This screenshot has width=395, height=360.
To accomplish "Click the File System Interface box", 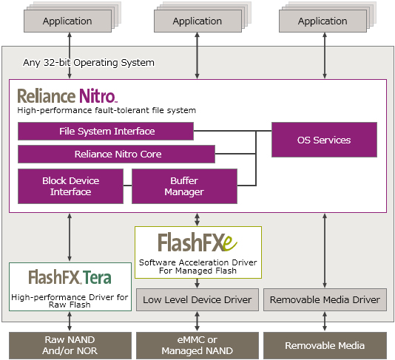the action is click(x=106, y=131).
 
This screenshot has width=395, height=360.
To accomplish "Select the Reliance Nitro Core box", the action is click(x=116, y=154).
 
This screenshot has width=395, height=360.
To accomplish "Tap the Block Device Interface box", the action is click(x=70, y=186).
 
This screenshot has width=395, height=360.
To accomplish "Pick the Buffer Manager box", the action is click(x=184, y=186).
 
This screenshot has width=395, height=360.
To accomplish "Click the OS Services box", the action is click(x=324, y=140).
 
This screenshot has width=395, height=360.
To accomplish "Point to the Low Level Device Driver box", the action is click(x=197, y=299).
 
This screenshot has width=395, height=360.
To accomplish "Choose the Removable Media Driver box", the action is click(x=325, y=299).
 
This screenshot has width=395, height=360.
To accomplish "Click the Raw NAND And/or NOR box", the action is click(x=70, y=345).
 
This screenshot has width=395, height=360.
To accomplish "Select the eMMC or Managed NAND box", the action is click(x=197, y=345).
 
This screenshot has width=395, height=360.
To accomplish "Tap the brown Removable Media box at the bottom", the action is click(x=325, y=345).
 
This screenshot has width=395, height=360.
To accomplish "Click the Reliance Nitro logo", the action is click(x=67, y=96).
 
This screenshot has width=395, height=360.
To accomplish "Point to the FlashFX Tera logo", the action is click(x=70, y=277).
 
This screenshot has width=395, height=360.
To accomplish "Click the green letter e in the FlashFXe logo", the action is click(x=230, y=243).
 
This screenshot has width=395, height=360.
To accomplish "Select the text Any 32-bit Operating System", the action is click(x=89, y=62).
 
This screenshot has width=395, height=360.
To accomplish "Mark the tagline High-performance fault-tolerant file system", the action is click(x=107, y=110).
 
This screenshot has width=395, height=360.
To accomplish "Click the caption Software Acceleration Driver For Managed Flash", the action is click(x=197, y=266).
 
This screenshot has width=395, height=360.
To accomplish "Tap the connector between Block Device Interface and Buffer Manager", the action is click(x=127, y=186).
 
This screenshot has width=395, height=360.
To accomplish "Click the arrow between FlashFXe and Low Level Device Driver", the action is click(x=197, y=283).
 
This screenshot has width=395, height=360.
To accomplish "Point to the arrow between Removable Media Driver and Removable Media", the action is click(x=325, y=322).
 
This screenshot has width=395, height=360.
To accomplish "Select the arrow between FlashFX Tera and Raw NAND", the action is click(x=70, y=322).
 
